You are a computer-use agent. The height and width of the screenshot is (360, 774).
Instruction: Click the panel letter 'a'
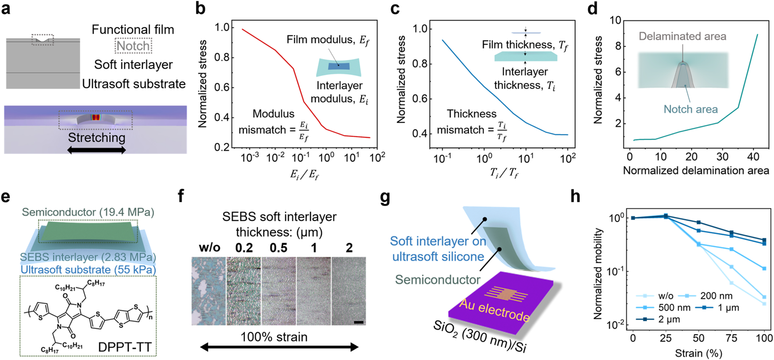tap(6, 8)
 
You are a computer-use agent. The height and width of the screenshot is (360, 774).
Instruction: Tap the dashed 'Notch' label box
tap(133, 46)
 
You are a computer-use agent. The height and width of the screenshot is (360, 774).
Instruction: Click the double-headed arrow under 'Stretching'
tap(96, 150)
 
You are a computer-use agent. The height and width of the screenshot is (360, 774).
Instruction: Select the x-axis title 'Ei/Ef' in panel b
tap(304, 174)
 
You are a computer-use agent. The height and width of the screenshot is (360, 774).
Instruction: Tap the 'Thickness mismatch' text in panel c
tap(471, 122)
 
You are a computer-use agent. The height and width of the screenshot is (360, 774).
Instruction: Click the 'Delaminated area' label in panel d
tap(682, 36)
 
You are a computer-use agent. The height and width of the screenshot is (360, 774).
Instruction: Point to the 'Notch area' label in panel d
tap(690, 109)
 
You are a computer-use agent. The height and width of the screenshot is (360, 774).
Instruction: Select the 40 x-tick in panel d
tap(753, 156)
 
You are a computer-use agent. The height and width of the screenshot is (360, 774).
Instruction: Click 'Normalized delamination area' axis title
tap(696, 171)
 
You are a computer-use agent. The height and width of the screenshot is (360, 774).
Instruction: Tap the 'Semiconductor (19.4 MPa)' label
tap(88, 212)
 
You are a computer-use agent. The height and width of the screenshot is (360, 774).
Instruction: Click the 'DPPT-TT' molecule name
tap(125, 347)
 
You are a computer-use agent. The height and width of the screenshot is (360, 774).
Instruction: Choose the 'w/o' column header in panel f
tap(209, 248)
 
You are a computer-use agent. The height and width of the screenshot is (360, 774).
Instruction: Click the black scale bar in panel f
tap(359, 322)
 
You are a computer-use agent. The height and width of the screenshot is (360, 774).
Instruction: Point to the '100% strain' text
tap(274, 337)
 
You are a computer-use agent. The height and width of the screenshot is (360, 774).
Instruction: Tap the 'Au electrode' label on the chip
tap(494, 310)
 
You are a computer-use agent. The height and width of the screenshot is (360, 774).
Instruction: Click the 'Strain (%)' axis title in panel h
tap(698, 353)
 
